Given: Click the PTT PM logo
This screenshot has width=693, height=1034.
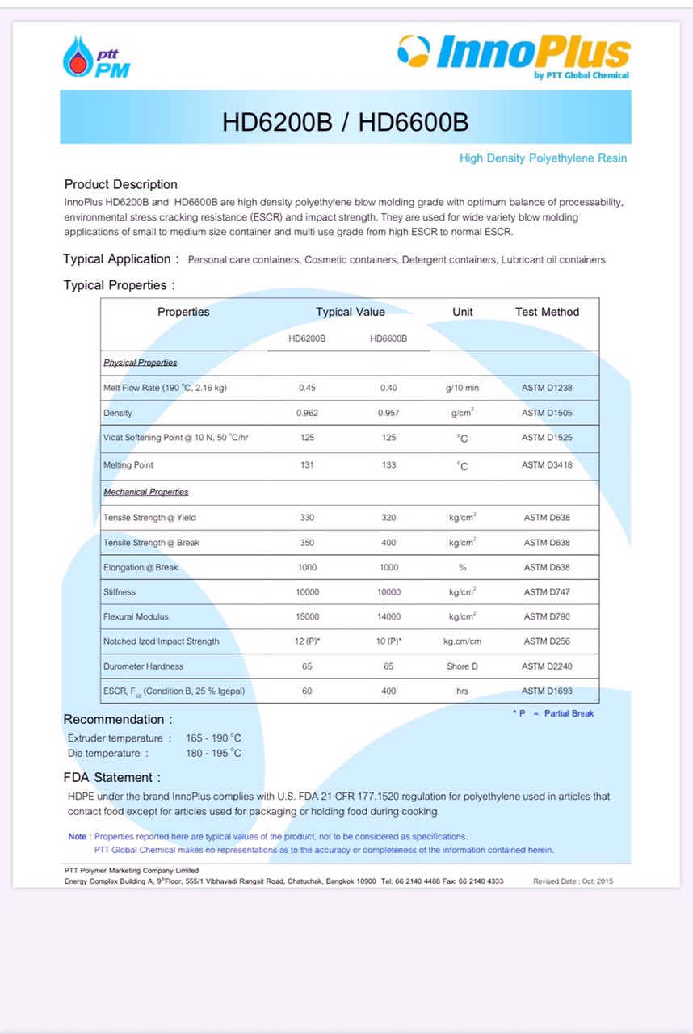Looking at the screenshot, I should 95,58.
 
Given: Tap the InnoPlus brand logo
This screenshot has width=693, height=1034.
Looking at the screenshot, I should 514,56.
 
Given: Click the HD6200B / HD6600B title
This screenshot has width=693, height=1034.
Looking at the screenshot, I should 345,122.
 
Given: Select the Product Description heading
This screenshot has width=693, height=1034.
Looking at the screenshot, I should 120,184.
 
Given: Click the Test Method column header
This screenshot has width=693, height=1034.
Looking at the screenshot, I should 547,312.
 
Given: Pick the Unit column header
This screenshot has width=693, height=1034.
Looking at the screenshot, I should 463,312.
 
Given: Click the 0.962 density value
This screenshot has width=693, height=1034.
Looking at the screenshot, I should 307,413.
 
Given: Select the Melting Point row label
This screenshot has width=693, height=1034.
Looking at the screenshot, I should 128,465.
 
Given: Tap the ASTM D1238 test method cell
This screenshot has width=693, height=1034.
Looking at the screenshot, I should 547,388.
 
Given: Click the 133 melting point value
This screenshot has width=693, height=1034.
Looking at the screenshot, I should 388,465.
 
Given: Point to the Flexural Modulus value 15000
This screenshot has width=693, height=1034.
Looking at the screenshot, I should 307,616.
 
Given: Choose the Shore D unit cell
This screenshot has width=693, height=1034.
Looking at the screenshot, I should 462,666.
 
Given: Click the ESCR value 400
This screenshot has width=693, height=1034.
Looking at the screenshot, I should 388,691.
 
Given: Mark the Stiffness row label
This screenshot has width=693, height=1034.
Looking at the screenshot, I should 120,592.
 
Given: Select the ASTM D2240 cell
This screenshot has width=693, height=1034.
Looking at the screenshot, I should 547,666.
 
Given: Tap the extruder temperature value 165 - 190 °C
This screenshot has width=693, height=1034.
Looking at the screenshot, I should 213,738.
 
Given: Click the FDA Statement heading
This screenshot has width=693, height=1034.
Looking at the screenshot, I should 111,778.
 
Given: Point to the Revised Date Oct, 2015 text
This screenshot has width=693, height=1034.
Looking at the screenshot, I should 573,881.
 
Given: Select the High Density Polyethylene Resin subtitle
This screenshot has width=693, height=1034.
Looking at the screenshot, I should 543,158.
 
